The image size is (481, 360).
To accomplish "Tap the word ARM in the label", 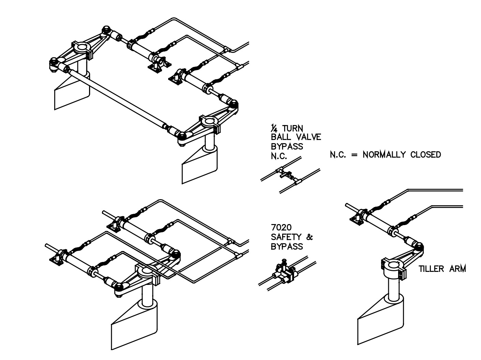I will click(457, 269).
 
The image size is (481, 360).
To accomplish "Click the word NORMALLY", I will click(384, 155).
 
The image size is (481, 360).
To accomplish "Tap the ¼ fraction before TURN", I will click(274, 129).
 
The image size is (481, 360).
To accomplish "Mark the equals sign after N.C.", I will click(355, 155).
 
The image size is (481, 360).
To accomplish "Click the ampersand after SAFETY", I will click(309, 237).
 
